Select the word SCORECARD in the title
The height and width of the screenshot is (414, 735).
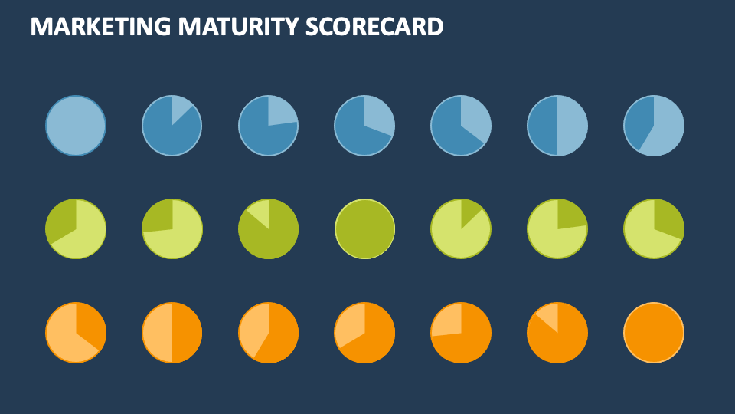pyautogui.click(x=374, y=26)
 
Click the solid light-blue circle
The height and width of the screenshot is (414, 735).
pyautogui.click(x=76, y=126)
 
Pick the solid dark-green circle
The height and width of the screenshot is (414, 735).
pyautogui.click(x=365, y=228)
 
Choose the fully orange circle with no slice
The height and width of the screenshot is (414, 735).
pyautogui.click(x=654, y=333)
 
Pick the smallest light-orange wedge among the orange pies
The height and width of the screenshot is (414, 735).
pyautogui.click(x=549, y=316)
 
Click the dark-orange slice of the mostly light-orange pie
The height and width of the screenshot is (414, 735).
pyautogui.click(x=90, y=326)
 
